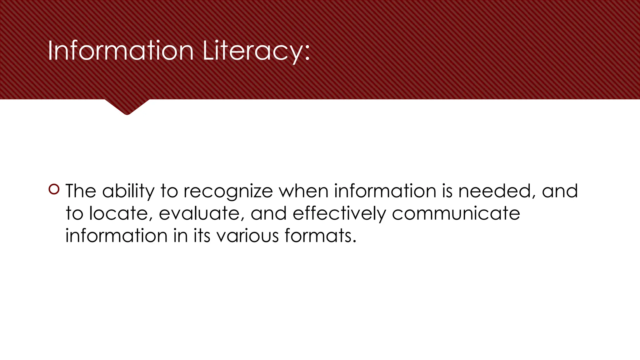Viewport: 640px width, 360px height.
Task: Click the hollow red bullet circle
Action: coord(54,189)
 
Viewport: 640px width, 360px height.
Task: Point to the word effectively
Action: coord(339,213)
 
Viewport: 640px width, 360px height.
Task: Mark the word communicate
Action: coord(456,213)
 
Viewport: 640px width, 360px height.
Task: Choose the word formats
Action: coord(317,236)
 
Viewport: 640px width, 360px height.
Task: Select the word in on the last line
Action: coord(181,236)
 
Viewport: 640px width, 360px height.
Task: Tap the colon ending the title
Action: coord(307,53)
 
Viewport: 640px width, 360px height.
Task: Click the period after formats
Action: coord(354,241)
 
